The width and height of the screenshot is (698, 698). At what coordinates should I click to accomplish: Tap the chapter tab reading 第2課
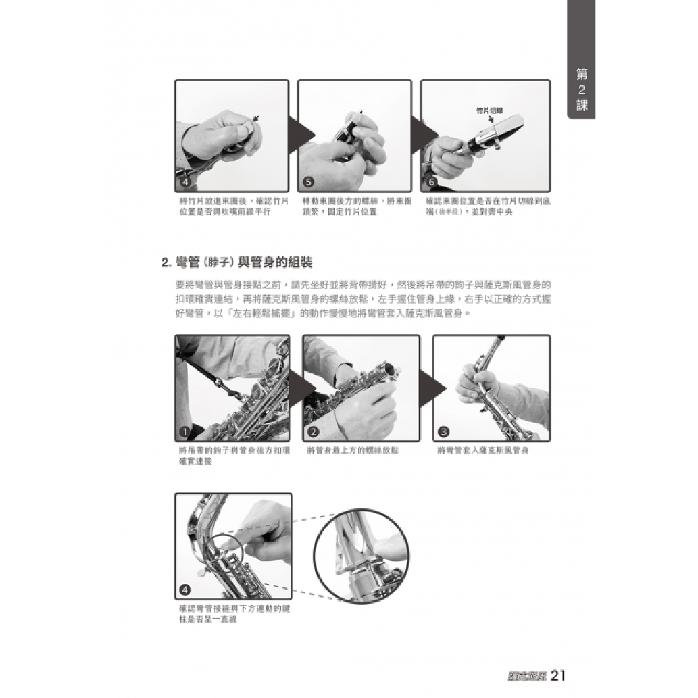pyautogui.click(x=581, y=90)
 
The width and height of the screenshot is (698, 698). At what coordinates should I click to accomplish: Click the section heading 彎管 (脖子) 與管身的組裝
pyautogui.click(x=237, y=262)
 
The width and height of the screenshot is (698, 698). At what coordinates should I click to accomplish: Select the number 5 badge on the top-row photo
pyautogui.click(x=309, y=182)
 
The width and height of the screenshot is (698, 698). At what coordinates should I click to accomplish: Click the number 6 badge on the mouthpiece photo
pyautogui.click(x=431, y=182)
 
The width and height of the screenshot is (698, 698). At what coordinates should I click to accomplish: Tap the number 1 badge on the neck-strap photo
pyautogui.click(x=185, y=431)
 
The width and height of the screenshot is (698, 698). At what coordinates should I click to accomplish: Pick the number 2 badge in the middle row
pyautogui.click(x=313, y=431)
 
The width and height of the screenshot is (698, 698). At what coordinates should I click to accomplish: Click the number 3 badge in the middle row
pyautogui.click(x=443, y=431)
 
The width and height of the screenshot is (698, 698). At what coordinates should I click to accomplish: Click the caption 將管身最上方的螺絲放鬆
pyautogui.click(x=352, y=451)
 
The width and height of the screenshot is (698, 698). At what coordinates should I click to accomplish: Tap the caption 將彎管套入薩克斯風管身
pyautogui.click(x=483, y=451)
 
